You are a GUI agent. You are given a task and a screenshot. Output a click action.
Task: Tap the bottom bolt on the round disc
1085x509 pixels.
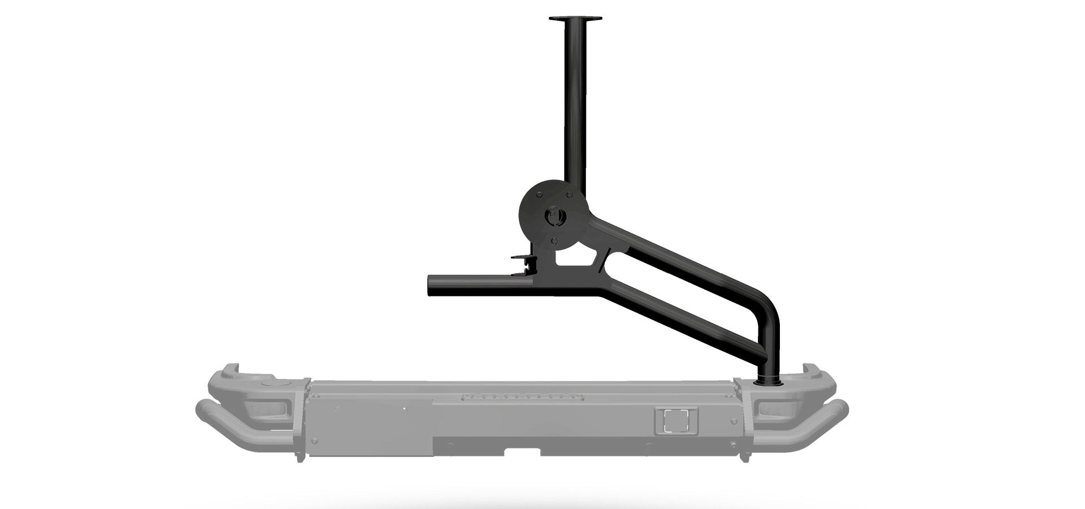coord(554,240)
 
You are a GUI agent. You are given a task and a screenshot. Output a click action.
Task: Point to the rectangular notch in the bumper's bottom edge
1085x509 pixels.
coord(522,451)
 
